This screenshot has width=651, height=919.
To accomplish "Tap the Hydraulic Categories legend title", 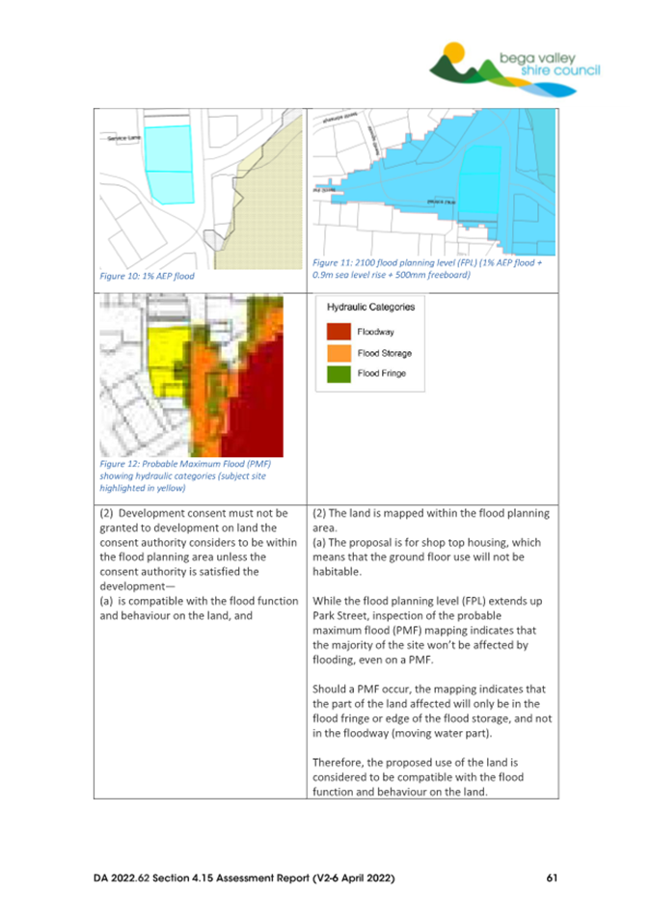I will pyautogui.click(x=370, y=308).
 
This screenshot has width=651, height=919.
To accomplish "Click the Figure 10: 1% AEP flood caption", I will pyautogui.click(x=148, y=275).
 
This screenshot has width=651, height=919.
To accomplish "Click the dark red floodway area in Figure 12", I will pyautogui.click(x=256, y=395).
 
